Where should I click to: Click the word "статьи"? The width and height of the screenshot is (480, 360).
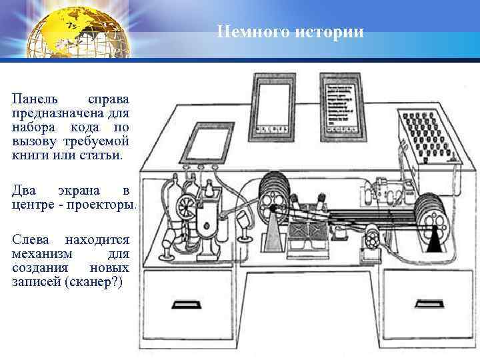[x=101, y=155]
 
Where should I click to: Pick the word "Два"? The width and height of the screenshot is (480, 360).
[x=23, y=191]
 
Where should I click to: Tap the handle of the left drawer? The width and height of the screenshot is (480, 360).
[x=187, y=304]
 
